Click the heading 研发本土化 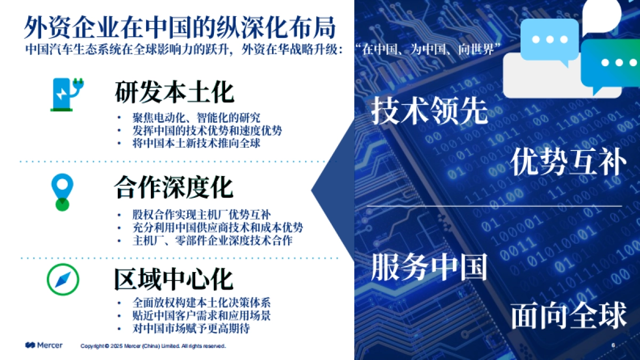[x=174, y=92]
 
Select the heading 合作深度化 [x=174, y=188]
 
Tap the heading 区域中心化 [x=174, y=278]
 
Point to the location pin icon [x=63, y=191]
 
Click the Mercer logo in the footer [x=44, y=345]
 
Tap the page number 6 [x=613, y=345]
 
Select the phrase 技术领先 [x=429, y=111]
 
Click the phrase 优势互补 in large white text [x=569, y=162]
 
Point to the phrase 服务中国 [x=429, y=266]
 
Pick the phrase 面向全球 [x=569, y=316]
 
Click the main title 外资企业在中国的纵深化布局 [x=180, y=28]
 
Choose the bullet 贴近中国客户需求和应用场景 [x=202, y=315]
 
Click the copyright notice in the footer [x=153, y=346]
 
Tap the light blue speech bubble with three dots [x=549, y=39]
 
